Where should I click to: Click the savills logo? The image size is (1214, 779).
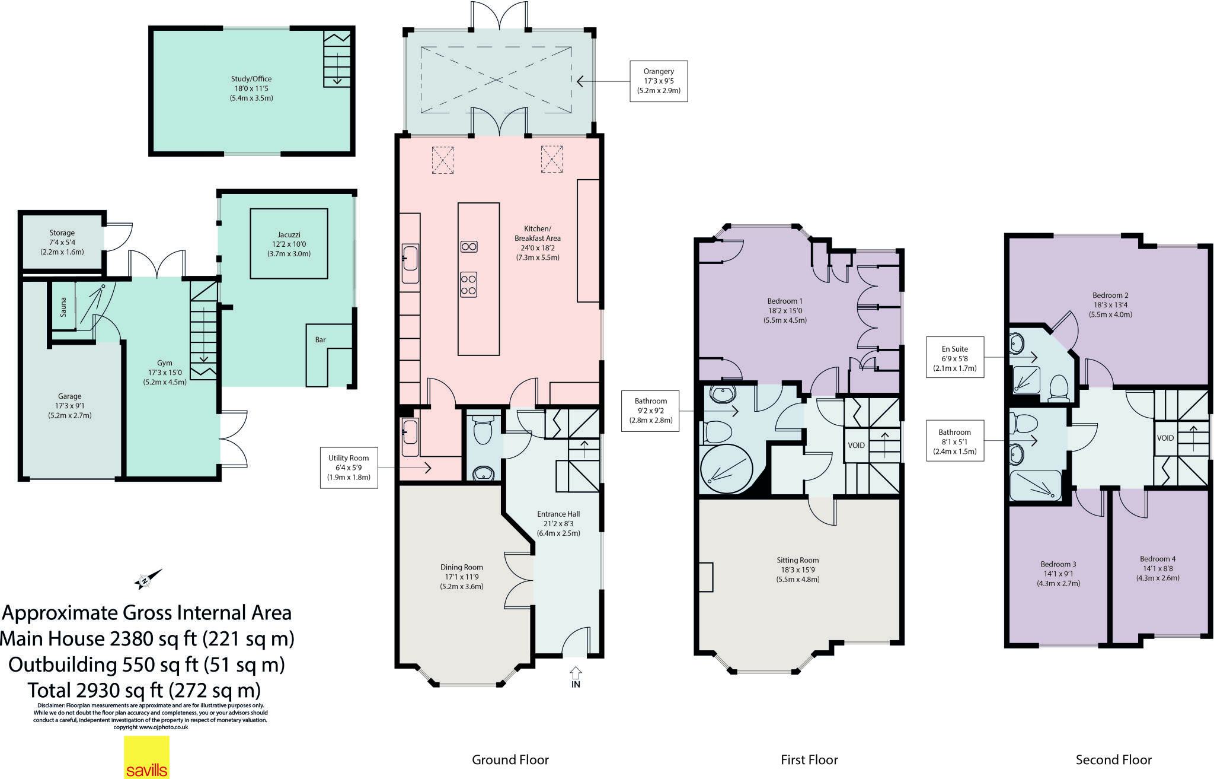pyautogui.click(x=146, y=758)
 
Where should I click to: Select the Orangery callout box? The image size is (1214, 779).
pyautogui.click(x=658, y=81)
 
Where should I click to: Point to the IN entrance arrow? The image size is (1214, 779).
pyautogui.click(x=576, y=676)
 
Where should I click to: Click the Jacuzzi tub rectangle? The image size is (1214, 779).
pyautogui.click(x=289, y=243)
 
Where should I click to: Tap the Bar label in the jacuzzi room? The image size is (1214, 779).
pyautogui.click(x=320, y=340)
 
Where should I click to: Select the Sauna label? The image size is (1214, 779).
pyautogui.click(x=63, y=307)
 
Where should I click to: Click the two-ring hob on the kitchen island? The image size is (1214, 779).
pyautogui.click(x=469, y=247)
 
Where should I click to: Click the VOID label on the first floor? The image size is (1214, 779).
pyautogui.click(x=856, y=445)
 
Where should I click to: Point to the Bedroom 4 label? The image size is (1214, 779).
pyautogui.click(x=1157, y=558)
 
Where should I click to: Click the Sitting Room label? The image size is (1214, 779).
pyautogui.click(x=797, y=559)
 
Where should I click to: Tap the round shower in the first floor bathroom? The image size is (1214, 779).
pyautogui.click(x=727, y=469)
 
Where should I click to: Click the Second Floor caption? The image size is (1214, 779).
pyautogui.click(x=1113, y=759)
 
